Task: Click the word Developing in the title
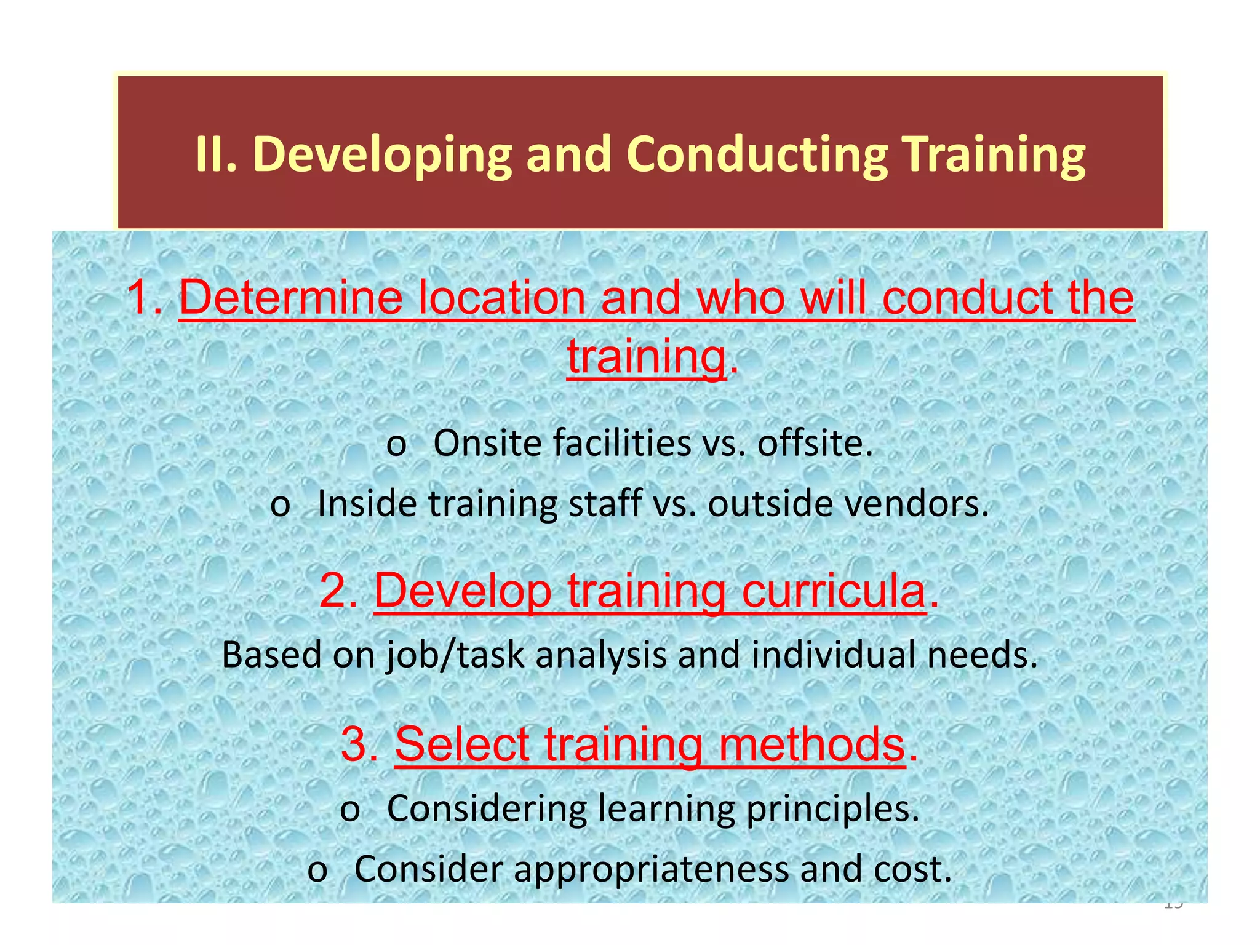point(382,155)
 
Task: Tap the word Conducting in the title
point(757,155)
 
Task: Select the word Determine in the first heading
point(290,298)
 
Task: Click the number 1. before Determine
point(145,298)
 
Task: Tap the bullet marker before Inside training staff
point(281,505)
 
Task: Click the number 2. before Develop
point(338,591)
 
